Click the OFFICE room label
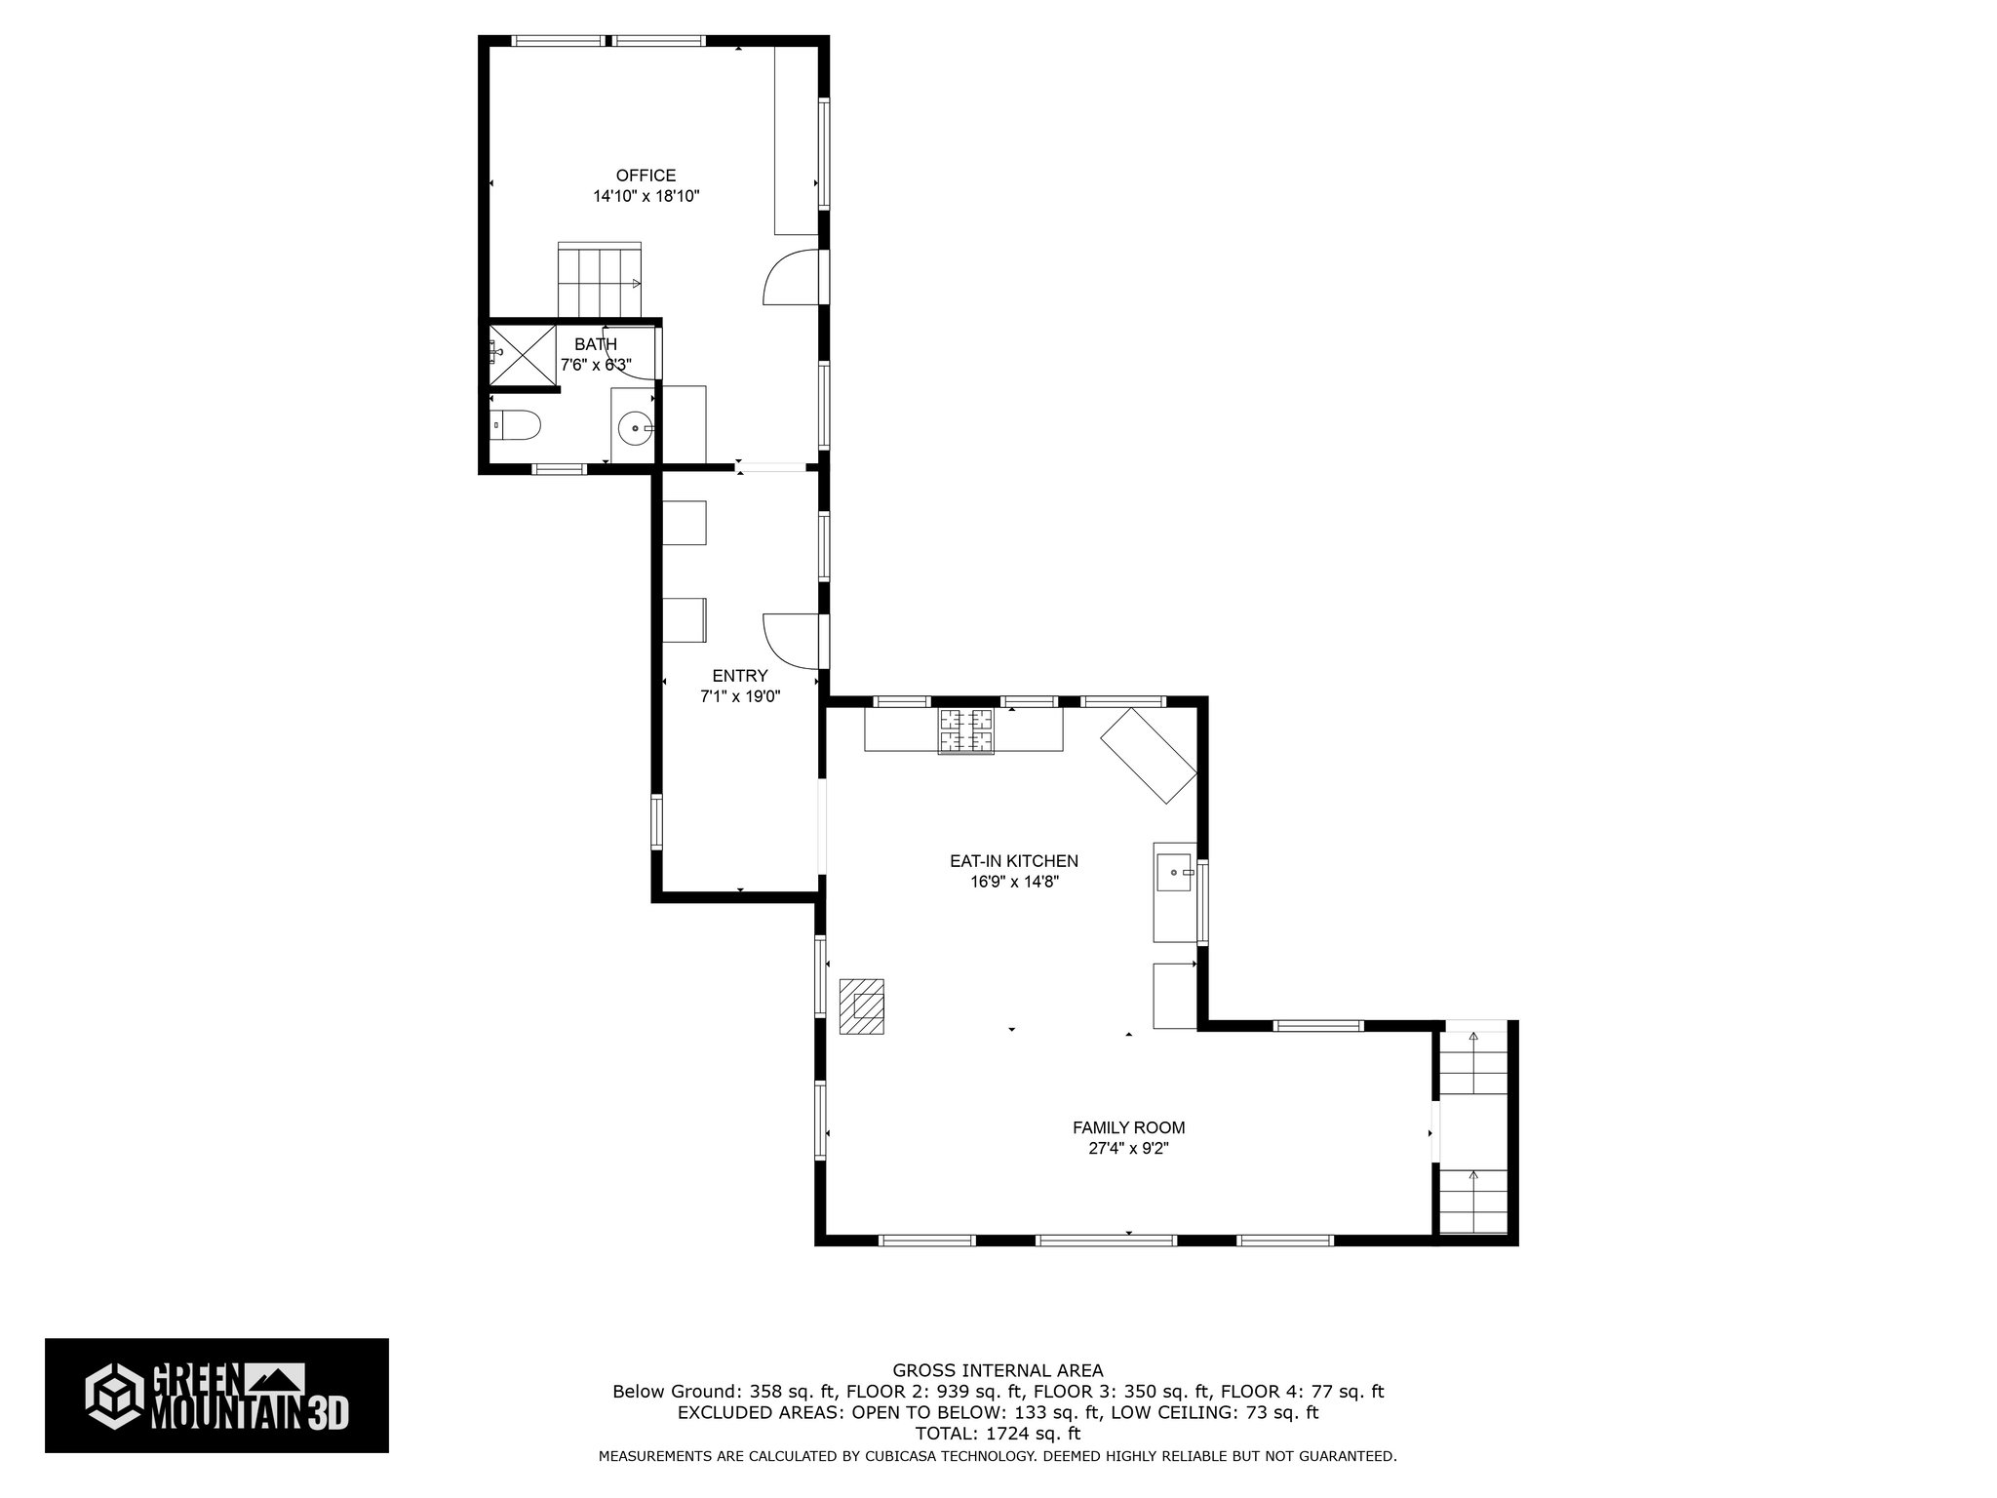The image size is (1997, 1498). click(x=646, y=176)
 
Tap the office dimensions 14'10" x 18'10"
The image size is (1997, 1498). click(x=646, y=196)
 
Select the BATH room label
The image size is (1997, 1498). click(x=595, y=344)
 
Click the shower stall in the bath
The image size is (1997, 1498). click(x=521, y=356)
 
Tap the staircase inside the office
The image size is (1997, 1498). click(x=599, y=281)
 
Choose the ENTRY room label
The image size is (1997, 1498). click(x=739, y=676)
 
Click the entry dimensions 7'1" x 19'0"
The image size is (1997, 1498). click(x=739, y=696)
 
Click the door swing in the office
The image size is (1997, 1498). click(x=790, y=278)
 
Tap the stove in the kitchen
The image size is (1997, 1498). click(x=966, y=731)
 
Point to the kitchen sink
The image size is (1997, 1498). click(x=1174, y=872)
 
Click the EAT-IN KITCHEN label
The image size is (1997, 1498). click(x=1014, y=861)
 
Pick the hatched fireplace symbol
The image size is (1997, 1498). click(x=861, y=1005)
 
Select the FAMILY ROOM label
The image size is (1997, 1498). click(x=1128, y=1127)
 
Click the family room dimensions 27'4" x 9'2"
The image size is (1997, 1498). click(x=1128, y=1149)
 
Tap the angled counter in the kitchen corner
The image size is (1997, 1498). click(x=1149, y=755)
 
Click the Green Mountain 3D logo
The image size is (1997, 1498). click(x=216, y=1396)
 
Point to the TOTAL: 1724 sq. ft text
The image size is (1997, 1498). click(x=998, y=1434)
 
